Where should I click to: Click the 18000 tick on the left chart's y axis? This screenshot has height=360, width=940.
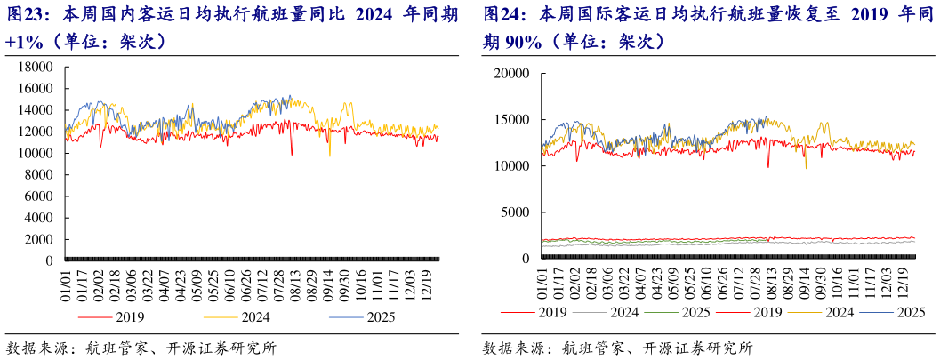36,68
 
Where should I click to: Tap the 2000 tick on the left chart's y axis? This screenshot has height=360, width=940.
40,240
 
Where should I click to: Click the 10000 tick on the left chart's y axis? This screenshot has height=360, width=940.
36,154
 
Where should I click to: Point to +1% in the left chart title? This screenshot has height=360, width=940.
25,42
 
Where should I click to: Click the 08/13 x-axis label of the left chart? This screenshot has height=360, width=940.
295,282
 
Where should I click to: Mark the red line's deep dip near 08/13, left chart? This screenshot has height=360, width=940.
292,154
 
